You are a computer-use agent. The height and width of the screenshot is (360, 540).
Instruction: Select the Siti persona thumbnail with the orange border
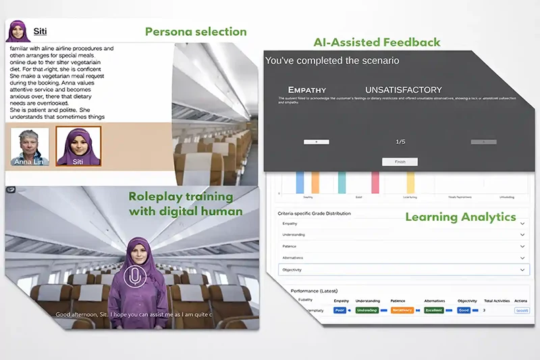(x=78, y=146)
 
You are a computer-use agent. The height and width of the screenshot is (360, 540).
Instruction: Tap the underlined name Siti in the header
(x=40, y=31)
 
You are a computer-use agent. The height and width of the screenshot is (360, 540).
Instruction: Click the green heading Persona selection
(x=196, y=31)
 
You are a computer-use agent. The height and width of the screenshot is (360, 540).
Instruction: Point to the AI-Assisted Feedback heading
(x=377, y=43)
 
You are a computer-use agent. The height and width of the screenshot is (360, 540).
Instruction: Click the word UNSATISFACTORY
(x=403, y=89)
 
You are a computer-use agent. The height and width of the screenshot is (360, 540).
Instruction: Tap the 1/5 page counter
(x=400, y=142)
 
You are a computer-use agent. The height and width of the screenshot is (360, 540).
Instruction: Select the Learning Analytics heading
(x=460, y=217)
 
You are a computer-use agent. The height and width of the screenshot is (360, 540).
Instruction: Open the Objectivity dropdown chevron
(x=522, y=269)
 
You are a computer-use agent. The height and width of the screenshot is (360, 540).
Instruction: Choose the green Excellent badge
(x=435, y=310)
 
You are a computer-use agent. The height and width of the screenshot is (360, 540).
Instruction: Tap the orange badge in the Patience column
(x=403, y=310)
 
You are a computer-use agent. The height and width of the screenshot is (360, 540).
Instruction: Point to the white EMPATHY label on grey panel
(x=307, y=89)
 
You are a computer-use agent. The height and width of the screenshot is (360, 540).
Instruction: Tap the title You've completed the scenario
(x=332, y=61)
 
